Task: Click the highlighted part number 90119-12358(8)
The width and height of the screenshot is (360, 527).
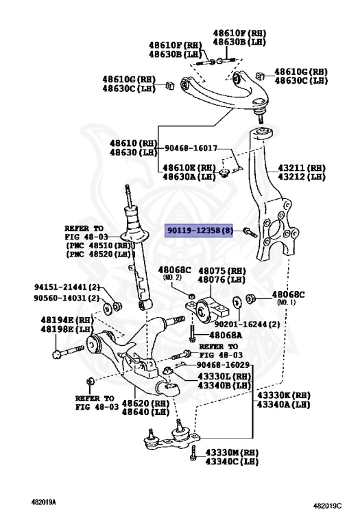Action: pyautogui.click(x=200, y=232)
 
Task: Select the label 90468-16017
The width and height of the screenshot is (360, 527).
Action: pyautogui.click(x=190, y=148)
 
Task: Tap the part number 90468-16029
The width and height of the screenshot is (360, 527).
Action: pyautogui.click(x=220, y=364)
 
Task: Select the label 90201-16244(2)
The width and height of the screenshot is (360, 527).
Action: pyautogui.click(x=245, y=325)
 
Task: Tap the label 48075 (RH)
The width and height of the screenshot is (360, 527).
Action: pyautogui.click(x=221, y=270)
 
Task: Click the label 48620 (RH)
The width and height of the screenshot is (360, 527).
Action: pyautogui.click(x=145, y=403)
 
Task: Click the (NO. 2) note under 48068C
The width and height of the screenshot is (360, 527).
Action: pyautogui.click(x=172, y=278)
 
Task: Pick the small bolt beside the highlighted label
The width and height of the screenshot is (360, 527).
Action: pyautogui.click(x=248, y=233)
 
